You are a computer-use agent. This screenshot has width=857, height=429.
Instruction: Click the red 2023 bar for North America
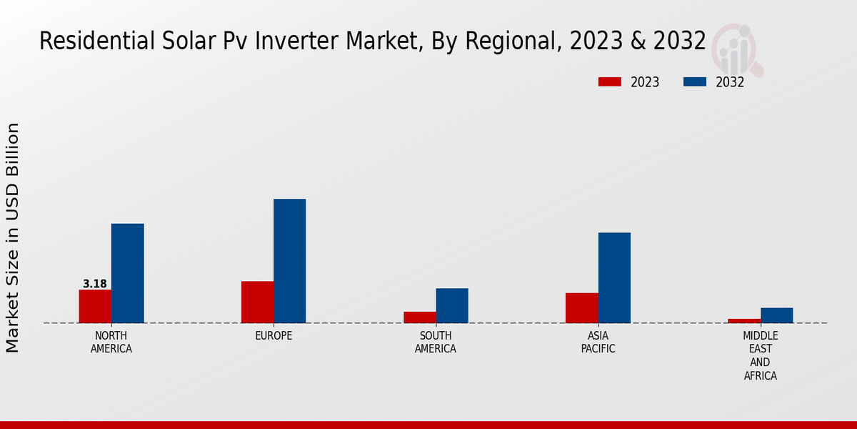click(x=95, y=306)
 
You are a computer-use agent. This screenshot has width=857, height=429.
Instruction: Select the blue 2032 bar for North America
click(x=127, y=273)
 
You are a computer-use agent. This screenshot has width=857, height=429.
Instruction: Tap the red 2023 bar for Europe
click(x=257, y=302)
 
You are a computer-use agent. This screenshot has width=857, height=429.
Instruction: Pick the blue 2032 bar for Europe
click(x=289, y=261)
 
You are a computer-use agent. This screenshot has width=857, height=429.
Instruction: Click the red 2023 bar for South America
click(x=419, y=317)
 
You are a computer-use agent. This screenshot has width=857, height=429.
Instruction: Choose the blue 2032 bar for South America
click(x=452, y=305)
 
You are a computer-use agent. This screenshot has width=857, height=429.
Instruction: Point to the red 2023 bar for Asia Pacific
click(x=581, y=307)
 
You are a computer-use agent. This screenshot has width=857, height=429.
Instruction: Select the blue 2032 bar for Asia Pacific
click(x=614, y=277)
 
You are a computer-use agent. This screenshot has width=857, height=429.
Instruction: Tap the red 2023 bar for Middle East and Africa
click(x=744, y=320)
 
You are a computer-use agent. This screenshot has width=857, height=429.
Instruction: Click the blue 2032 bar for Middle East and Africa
click(x=776, y=315)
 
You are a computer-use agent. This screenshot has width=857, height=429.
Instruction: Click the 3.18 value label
click(x=95, y=284)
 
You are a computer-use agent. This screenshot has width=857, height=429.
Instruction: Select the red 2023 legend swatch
click(x=609, y=82)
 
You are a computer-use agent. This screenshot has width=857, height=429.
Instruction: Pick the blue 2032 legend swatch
click(x=695, y=82)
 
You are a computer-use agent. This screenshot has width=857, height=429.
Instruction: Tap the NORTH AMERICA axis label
click(x=111, y=342)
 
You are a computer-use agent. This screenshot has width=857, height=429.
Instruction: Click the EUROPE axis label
click(x=274, y=336)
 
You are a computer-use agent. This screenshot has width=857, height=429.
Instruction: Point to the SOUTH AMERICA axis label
click(x=436, y=342)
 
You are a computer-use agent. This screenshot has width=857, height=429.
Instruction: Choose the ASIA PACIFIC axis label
click(x=598, y=342)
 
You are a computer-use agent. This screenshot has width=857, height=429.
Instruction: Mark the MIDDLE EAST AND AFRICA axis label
click(x=760, y=355)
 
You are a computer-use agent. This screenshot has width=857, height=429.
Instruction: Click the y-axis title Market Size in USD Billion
click(x=13, y=237)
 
